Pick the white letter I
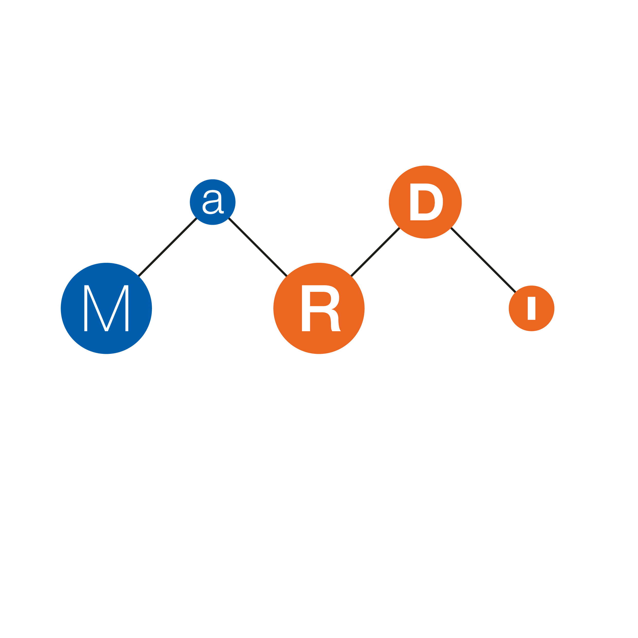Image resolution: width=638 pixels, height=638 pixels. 531,308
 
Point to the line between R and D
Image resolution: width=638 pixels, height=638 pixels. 375,252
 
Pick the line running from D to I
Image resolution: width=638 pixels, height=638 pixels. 483,260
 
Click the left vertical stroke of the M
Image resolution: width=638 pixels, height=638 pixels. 86,308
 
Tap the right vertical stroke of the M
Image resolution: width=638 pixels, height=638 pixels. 127,308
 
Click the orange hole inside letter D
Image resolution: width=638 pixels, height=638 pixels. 426,202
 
